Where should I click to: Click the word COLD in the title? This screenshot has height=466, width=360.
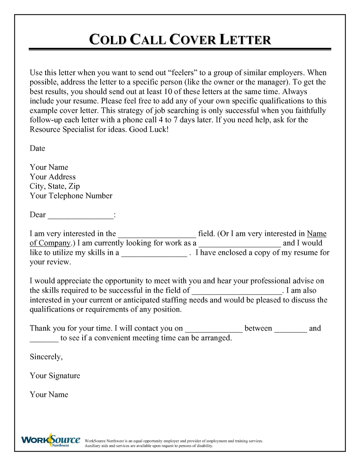click(x=108, y=40)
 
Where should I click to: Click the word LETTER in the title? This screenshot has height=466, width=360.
click(x=245, y=40)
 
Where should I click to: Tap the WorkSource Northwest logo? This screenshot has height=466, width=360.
click(x=50, y=440)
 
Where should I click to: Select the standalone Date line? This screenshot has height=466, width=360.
click(x=37, y=148)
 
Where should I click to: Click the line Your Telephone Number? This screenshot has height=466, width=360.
click(x=71, y=196)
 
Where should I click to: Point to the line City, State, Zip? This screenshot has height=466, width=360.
click(x=54, y=186)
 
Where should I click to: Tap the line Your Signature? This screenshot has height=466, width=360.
click(x=55, y=376)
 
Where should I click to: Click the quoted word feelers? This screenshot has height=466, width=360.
click(x=183, y=73)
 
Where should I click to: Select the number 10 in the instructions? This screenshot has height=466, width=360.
click(x=168, y=91)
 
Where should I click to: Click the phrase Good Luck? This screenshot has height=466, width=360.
click(x=149, y=129)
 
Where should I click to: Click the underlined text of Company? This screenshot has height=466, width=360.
click(x=50, y=243)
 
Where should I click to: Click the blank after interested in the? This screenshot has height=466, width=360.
click(x=157, y=235)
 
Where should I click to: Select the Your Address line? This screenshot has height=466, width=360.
click(x=52, y=177)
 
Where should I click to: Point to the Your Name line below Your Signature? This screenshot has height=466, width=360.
click(x=49, y=395)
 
